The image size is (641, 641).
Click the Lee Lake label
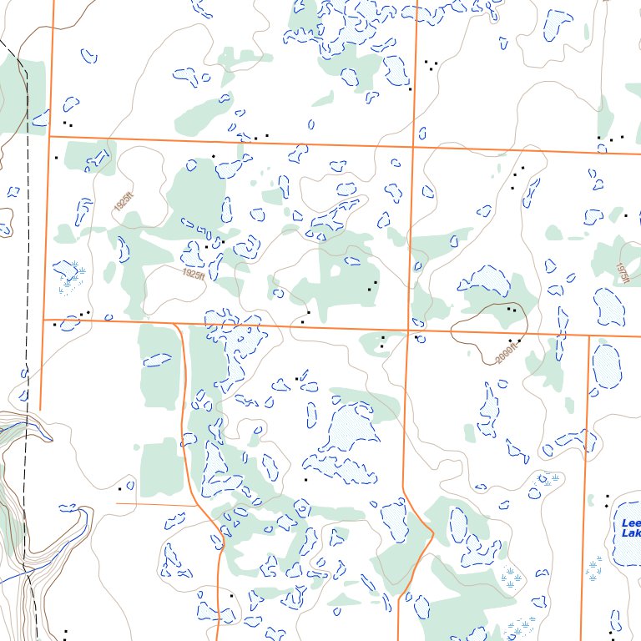629,527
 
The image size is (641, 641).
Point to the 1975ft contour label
621,273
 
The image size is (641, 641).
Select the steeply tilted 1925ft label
124,201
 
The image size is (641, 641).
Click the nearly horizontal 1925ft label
192,273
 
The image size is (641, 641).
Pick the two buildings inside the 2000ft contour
512,310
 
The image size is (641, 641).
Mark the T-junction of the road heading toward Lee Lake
588,336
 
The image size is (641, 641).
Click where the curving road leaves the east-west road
174,324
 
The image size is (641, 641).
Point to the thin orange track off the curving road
154,504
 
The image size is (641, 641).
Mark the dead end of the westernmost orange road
40,409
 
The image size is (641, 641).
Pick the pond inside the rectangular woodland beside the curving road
157,361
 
